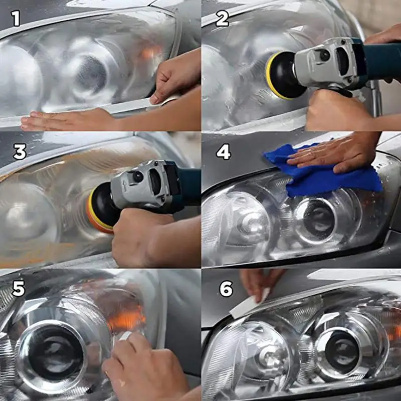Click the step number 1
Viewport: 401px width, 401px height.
click(16, 19)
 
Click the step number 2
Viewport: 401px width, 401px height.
click(222, 19)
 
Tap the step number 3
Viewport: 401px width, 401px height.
click(20, 152)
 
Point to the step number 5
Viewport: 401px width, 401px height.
click(19, 289)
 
